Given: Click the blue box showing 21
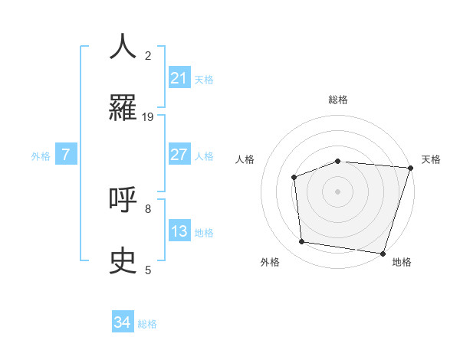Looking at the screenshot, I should (x=179, y=77).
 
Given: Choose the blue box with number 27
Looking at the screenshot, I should (x=179, y=154).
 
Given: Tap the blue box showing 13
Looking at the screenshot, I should (x=179, y=231).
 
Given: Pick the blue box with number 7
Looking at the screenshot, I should (x=66, y=155).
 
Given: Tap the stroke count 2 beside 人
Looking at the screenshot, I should (x=148, y=55).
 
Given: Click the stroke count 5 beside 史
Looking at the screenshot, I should (x=148, y=270).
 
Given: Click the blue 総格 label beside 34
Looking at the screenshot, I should (x=147, y=323).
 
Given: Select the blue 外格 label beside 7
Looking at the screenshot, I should (x=41, y=155).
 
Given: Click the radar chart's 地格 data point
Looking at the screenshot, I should (x=383, y=253).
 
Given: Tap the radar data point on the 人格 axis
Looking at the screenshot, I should (x=294, y=177).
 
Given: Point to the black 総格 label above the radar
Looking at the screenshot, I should (x=338, y=100).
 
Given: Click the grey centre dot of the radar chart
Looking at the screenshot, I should (x=337, y=191).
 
